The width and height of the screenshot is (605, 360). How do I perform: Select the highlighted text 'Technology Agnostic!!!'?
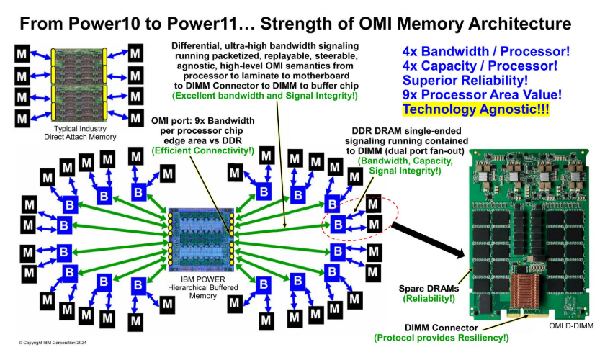coord(475,109)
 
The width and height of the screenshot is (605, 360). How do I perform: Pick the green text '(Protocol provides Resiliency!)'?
coord(442,337)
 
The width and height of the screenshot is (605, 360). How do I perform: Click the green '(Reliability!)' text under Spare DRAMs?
coord(429,298)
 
